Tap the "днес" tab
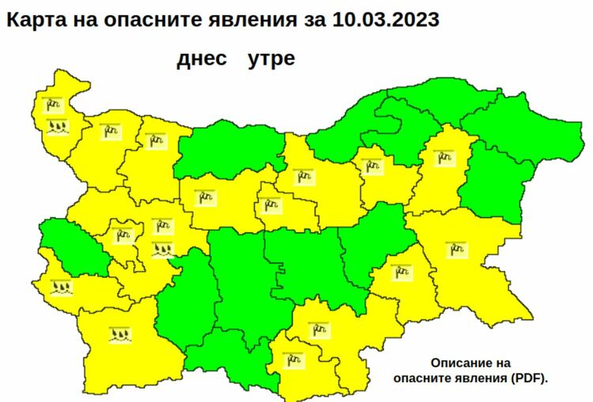pos(202,59)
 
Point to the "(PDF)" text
pos(527,378)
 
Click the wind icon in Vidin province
pos(54,103)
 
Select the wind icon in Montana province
pos(110,130)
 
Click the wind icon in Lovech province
pos(207,197)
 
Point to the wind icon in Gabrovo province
pos(271,205)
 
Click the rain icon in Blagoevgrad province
pos(119,335)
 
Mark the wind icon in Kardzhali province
pos(294,361)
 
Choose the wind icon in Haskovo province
pos(318,328)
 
